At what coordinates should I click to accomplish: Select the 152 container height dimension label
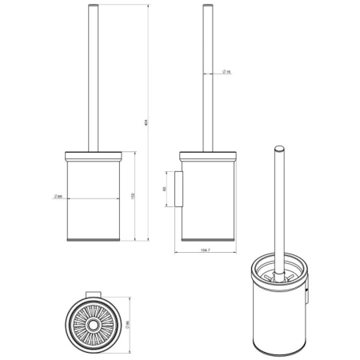(x=132, y=194)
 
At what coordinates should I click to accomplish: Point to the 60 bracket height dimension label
(x=165, y=189)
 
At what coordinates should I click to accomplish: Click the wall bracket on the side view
(x=180, y=189)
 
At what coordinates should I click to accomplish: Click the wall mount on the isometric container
(x=307, y=298)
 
